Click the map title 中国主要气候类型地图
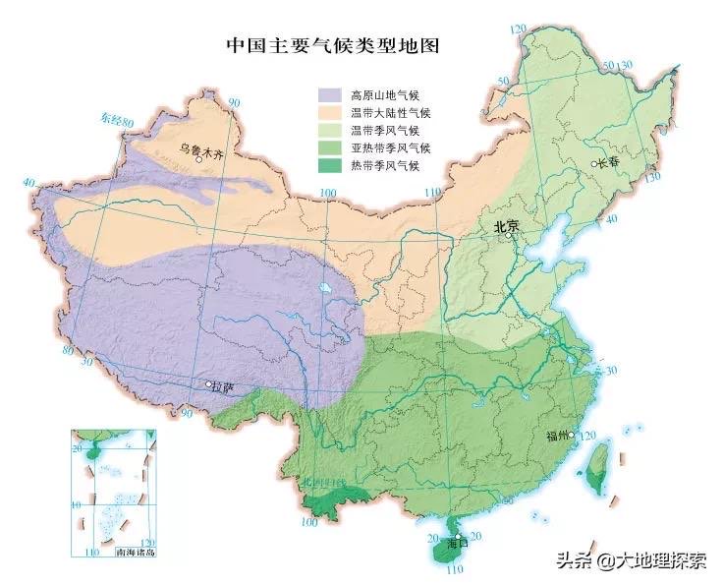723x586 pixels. point(333,45)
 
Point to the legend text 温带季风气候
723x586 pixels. point(384,130)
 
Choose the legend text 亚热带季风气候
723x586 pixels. point(390,147)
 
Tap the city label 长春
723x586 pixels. point(608,164)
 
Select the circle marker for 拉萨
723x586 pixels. point(208,384)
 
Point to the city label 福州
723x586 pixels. point(555,435)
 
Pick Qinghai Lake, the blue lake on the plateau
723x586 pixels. point(324,289)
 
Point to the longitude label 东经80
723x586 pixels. point(116,120)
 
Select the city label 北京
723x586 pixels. point(507,225)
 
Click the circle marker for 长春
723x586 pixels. point(593,163)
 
